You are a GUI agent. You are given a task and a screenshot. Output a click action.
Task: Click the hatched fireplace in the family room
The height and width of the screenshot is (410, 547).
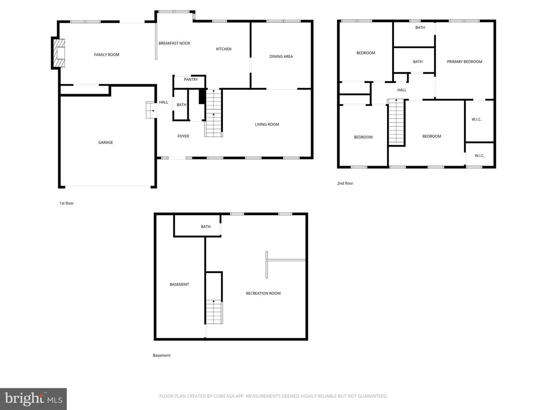59,53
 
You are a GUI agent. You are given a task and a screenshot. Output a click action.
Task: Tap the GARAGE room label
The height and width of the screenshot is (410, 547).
106,142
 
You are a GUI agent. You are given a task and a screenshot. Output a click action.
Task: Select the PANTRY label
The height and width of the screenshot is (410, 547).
191,79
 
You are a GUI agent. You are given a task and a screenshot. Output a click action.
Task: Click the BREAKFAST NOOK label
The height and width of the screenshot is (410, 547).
174,43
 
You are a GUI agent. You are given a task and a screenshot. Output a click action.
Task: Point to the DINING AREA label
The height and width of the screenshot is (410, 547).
281,57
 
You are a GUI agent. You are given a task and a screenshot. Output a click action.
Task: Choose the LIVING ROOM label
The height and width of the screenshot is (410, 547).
267,125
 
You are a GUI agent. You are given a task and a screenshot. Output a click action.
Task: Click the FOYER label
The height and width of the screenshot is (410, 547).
183,136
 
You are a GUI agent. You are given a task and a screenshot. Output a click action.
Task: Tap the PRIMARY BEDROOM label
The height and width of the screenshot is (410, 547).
464,62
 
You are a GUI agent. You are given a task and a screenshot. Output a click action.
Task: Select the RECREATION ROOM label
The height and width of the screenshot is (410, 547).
263,293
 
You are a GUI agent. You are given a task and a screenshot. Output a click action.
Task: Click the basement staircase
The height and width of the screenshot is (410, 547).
214,312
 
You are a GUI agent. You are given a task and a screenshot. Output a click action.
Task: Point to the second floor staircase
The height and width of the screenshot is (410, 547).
396,121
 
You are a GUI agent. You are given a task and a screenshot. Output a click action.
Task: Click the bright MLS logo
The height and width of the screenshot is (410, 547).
33,399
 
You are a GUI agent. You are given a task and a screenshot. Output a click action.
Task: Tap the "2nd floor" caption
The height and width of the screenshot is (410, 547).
345,183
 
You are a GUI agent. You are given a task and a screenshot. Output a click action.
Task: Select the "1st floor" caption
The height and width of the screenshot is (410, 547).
66,203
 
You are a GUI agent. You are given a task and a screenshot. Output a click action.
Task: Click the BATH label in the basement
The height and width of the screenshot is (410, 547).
206,227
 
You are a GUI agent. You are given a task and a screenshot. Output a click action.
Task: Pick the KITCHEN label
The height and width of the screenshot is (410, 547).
223,49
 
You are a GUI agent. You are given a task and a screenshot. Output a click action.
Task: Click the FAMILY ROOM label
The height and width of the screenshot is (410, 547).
106,55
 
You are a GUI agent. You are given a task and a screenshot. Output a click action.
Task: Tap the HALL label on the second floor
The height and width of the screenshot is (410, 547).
402,90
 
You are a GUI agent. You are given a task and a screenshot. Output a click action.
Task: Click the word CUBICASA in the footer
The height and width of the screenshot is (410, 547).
223,396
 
